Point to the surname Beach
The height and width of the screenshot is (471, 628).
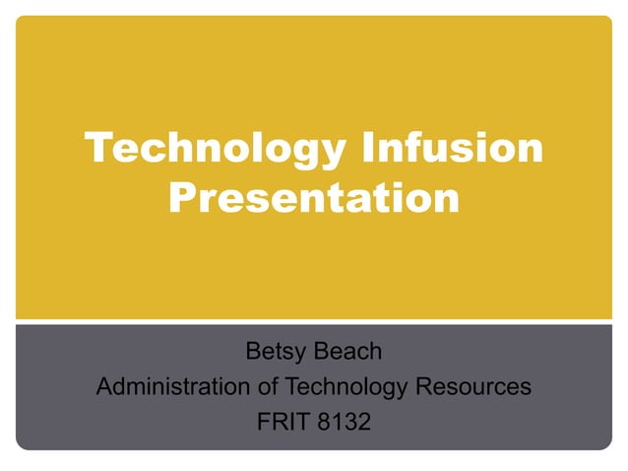click(x=349, y=351)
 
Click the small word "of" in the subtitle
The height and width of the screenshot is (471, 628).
click(x=265, y=387)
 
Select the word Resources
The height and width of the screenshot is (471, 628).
click(x=473, y=387)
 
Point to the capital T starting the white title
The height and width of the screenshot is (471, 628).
click(x=98, y=150)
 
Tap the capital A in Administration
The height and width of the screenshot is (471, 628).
click(x=104, y=387)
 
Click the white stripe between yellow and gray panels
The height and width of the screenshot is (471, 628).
click(x=314, y=320)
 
